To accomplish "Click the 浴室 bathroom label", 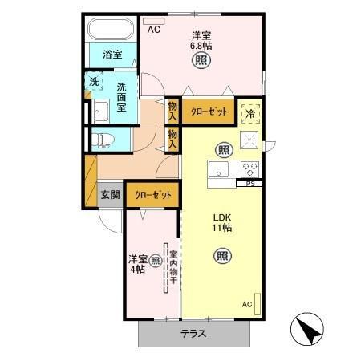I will click(112, 55).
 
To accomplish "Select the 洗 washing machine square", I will click(94, 82).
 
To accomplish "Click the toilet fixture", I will click(101, 140).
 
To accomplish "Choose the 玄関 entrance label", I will click(110, 195).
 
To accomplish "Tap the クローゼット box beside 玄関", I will click(152, 195).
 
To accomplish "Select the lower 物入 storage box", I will click(172, 139).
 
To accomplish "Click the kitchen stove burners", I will click(249, 169).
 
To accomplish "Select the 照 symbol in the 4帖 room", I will click(156, 259).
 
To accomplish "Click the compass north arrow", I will click(308, 328).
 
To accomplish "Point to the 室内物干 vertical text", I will click(172, 270).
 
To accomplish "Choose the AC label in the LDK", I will click(248, 305).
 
